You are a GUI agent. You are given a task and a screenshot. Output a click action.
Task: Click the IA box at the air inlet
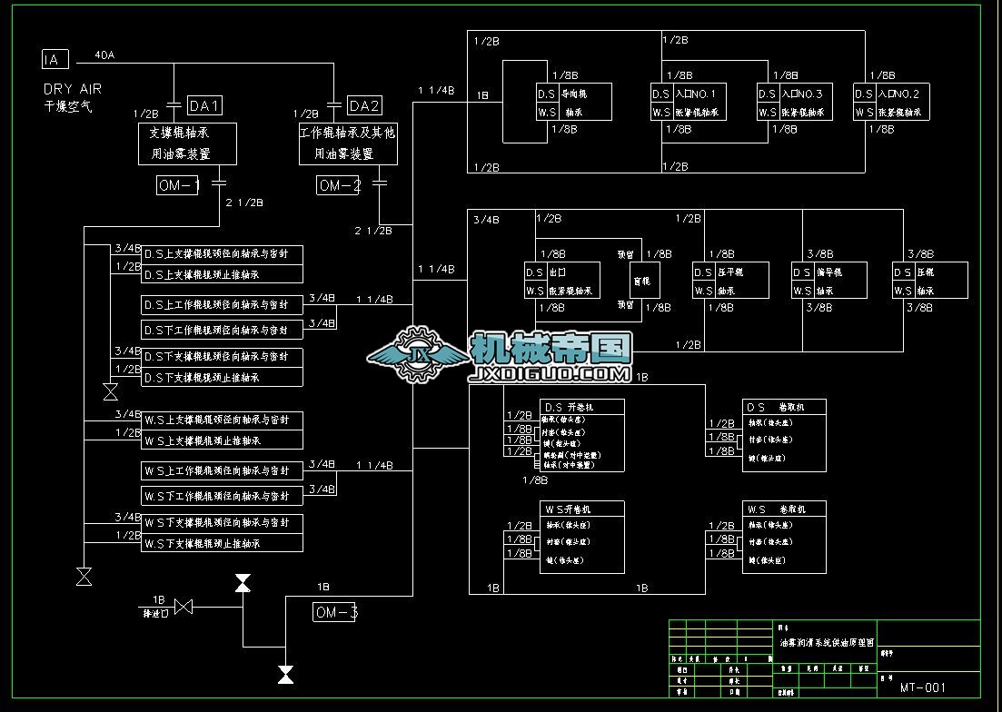[55, 60]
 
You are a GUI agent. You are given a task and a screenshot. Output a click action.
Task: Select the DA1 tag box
[204, 106]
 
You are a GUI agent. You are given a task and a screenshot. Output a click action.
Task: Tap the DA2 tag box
[364, 106]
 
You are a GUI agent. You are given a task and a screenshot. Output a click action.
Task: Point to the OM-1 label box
[178, 185]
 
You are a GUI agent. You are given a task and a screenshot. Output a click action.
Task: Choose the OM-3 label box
[335, 612]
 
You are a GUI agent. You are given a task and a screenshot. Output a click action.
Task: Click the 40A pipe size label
[104, 55]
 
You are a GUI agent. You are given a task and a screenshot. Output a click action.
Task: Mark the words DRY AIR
[73, 89]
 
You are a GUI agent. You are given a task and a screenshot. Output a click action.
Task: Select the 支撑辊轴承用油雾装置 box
[187, 143]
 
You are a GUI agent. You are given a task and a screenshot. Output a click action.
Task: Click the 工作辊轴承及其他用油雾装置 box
[348, 143]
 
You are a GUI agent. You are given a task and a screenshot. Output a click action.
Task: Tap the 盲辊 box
[645, 281]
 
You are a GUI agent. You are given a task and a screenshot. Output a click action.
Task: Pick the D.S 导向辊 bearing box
[573, 103]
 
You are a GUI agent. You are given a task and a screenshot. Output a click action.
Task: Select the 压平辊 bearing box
[730, 281]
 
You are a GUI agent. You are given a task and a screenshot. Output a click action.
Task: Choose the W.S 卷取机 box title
[784, 509]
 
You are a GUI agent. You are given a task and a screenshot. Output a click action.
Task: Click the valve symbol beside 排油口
[184, 606]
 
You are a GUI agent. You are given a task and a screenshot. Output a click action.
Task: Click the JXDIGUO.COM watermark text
[551, 372]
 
